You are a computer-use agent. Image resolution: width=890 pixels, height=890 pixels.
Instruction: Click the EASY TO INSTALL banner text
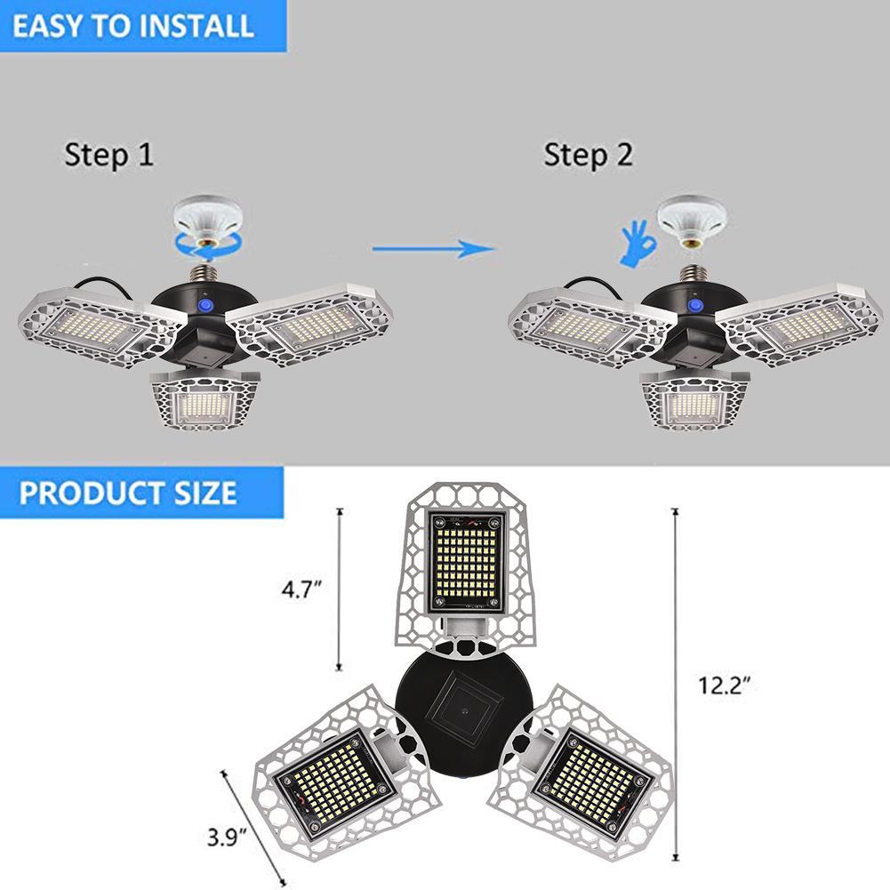tap(132, 25)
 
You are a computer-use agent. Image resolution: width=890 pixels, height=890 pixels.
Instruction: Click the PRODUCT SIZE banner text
tap(128, 492)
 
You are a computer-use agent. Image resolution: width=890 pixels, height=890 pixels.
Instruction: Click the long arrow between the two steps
tap(430, 247)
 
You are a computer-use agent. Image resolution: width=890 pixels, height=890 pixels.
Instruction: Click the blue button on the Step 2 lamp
tap(692, 307)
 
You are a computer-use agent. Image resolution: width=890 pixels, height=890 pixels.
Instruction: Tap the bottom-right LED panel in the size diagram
tap(586, 770)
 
